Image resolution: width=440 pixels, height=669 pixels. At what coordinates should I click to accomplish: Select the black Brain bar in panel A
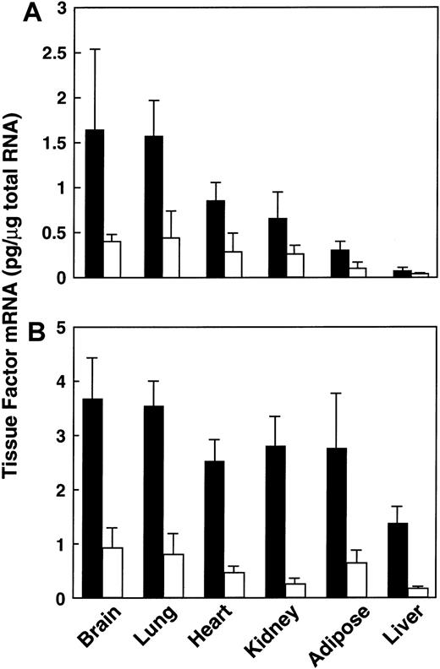[x=96, y=203]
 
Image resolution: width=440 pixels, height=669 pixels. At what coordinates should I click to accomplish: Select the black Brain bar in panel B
[x=96, y=498]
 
